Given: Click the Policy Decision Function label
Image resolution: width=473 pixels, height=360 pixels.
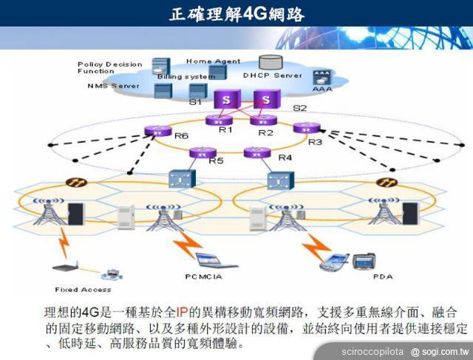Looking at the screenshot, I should tap(109, 67).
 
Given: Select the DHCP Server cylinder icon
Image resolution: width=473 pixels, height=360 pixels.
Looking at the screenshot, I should tap(271, 64).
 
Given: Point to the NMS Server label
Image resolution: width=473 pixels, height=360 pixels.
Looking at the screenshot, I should tap(112, 86).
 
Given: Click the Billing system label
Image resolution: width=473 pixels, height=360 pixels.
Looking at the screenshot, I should tap(185, 76).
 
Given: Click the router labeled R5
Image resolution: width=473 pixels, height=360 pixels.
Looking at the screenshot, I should tap(200, 152).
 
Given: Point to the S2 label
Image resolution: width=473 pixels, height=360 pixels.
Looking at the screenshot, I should tap(300, 109).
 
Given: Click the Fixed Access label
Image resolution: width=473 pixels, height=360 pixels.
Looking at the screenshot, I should tap(83, 289).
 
